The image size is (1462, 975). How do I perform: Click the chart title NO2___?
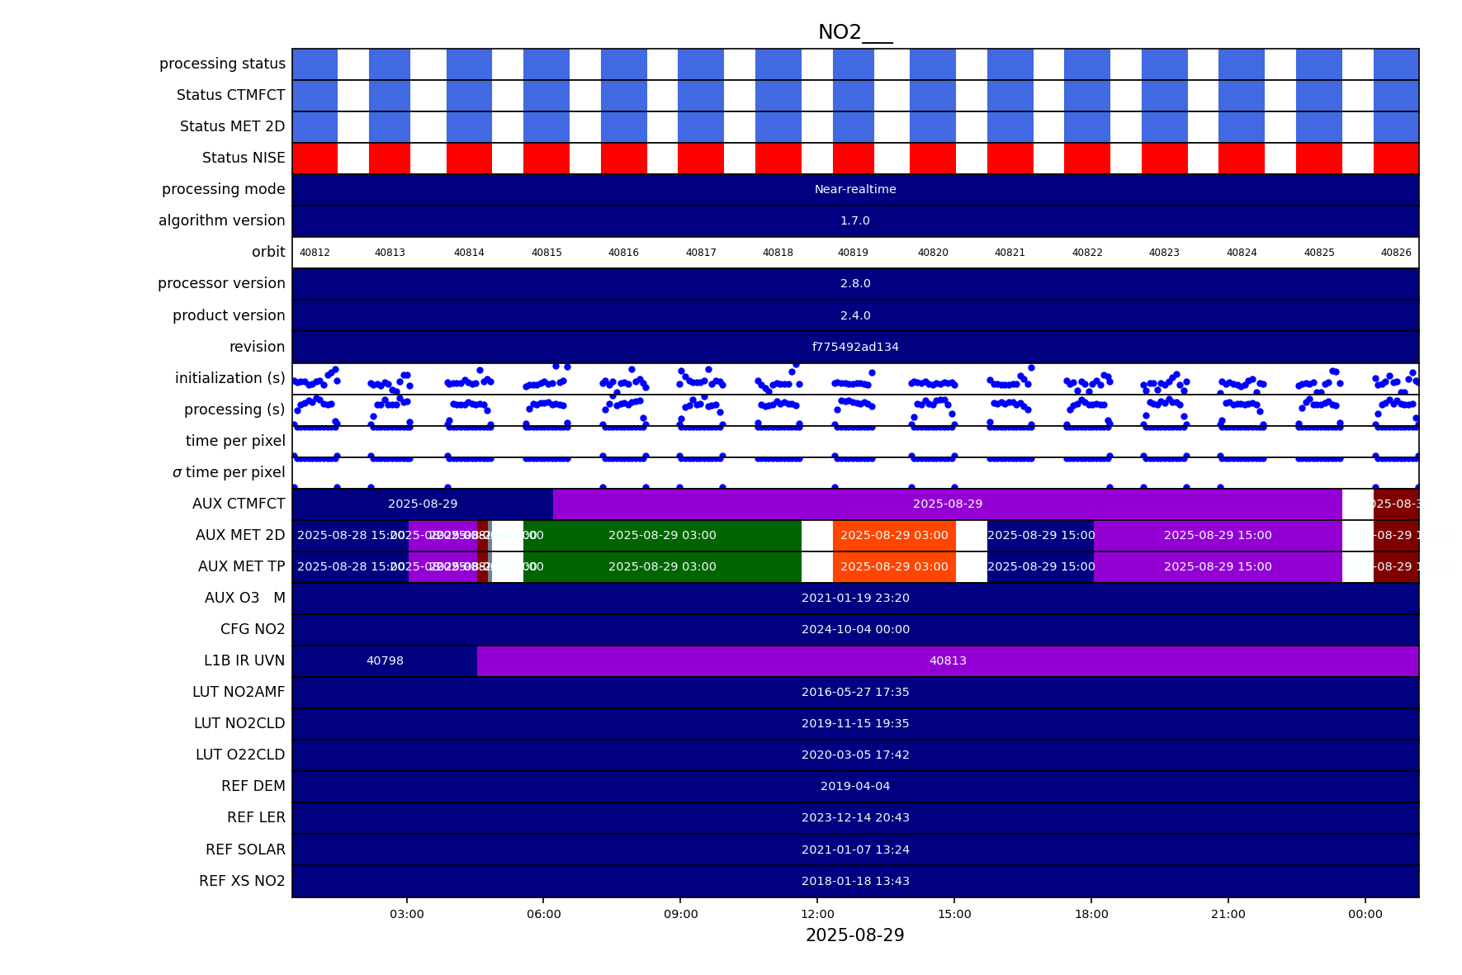coord(854,32)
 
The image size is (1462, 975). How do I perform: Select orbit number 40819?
coord(853,253)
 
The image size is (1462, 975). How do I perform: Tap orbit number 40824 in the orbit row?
coord(1241,253)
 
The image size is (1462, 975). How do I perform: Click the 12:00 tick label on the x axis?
coord(817,914)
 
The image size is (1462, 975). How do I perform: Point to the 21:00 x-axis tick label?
coord(1228,914)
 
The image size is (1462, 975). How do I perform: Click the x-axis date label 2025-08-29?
coord(854,935)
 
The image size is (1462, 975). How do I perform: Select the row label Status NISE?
coord(244,158)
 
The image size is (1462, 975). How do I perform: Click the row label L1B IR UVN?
coord(244,660)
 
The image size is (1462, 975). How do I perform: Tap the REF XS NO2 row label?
coord(242,881)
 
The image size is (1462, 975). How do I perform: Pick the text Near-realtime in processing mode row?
coord(855,189)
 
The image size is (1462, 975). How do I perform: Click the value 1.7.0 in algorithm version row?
coord(855,220)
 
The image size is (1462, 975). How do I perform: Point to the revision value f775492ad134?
coord(855,347)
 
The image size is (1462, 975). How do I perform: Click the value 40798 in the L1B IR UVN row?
coord(385,660)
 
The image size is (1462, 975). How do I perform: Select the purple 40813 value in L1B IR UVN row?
coord(948,660)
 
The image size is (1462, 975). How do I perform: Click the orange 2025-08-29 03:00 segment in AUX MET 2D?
coord(894,535)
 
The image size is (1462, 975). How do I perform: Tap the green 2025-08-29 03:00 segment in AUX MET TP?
coord(662,566)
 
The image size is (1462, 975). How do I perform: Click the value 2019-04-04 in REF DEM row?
coord(855,786)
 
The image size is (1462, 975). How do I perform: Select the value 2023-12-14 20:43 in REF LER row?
coord(855,817)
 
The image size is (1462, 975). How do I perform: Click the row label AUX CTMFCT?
coord(239,504)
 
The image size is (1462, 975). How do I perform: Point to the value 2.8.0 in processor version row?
coord(855,283)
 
